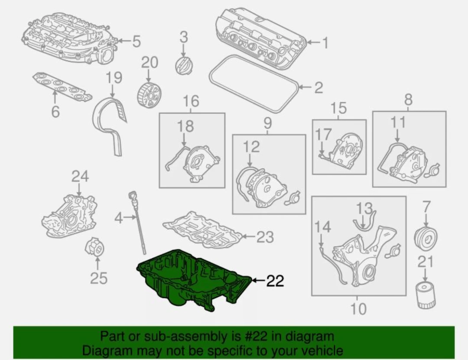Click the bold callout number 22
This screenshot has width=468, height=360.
(275, 281)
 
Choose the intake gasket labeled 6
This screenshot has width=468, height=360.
(62, 87)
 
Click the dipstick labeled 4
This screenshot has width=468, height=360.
(138, 223)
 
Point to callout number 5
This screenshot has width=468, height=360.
(136, 42)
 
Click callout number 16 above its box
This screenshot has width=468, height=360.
(191, 101)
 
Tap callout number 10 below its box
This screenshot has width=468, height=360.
(357, 309)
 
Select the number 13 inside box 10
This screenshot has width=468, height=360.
(364, 209)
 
